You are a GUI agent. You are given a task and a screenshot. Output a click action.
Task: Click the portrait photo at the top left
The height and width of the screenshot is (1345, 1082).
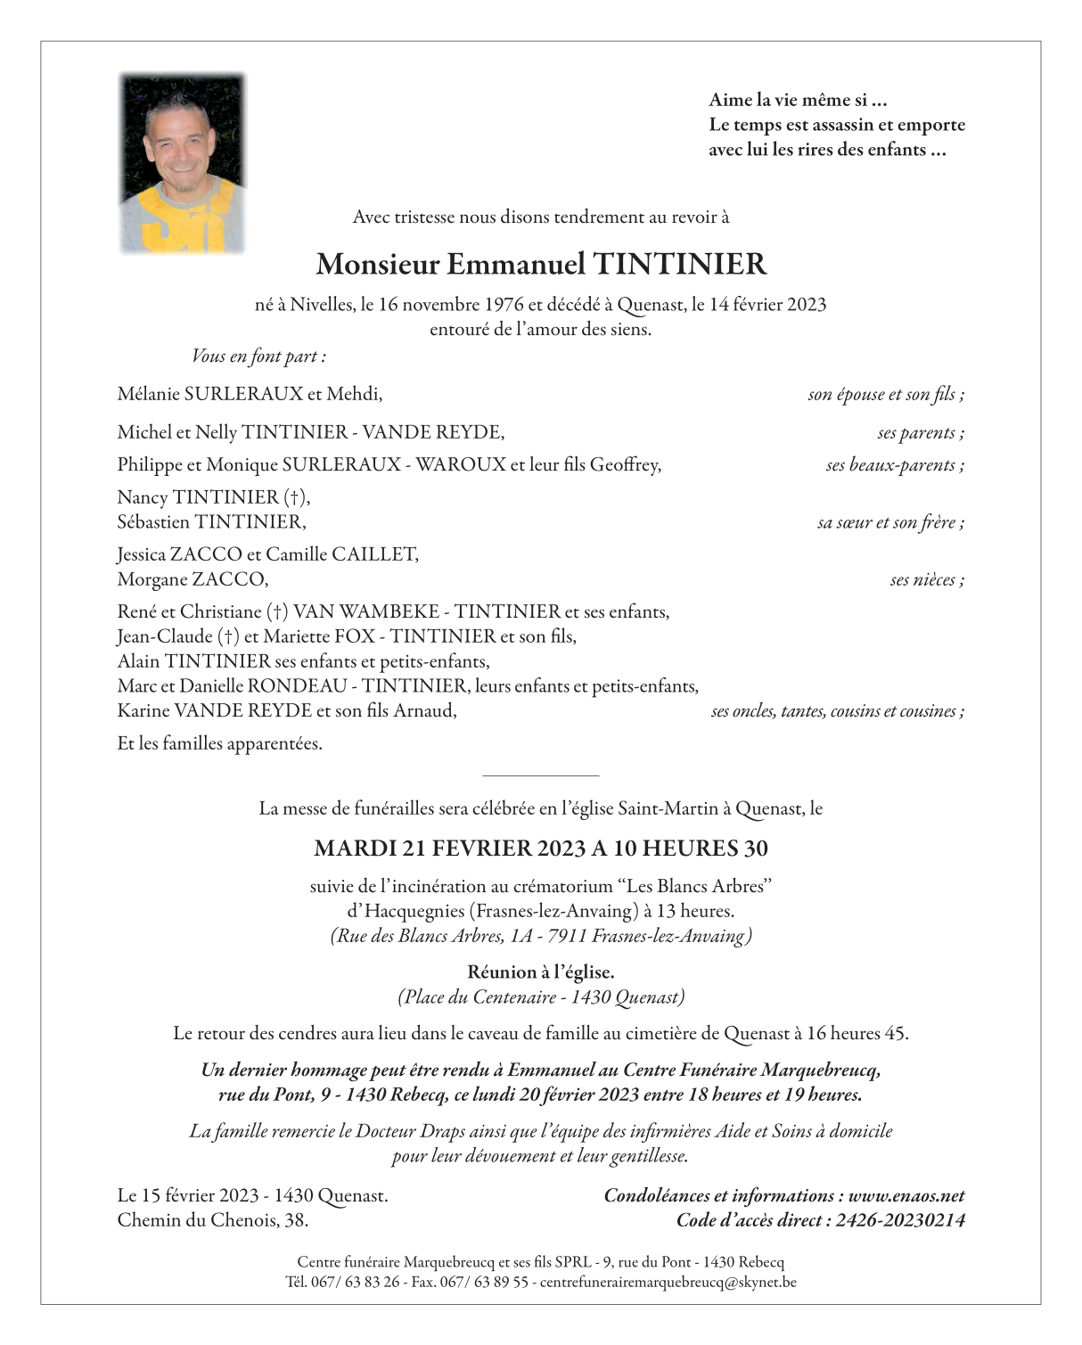click(x=183, y=163)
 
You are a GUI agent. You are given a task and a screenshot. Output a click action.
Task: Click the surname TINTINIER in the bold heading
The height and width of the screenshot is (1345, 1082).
click(x=679, y=264)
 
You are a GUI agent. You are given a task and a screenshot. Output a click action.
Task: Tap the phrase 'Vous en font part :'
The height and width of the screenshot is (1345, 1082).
click(x=258, y=357)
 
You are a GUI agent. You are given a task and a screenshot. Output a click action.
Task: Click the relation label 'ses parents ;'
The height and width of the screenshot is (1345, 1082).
click(x=920, y=433)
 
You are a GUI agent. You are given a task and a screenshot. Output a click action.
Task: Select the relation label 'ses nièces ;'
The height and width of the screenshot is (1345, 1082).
click(x=926, y=580)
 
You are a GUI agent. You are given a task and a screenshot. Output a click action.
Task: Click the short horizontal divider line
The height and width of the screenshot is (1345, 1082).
click(x=540, y=776)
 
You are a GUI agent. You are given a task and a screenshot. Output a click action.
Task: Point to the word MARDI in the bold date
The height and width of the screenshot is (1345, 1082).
click(x=355, y=849)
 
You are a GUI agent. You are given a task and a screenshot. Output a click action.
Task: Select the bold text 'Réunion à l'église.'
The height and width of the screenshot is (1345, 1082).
click(x=540, y=972)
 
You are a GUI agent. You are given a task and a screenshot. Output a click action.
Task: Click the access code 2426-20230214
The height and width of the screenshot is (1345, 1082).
click(x=900, y=1221)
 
